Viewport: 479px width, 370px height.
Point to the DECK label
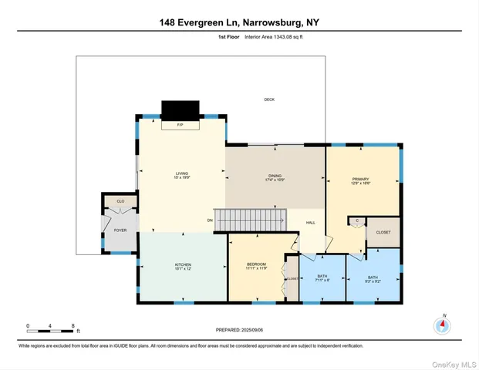point(269,99)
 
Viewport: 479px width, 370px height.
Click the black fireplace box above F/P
point(179,109)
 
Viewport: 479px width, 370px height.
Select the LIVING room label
point(181,176)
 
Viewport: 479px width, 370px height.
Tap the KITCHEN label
point(182,266)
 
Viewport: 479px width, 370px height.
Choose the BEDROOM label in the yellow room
point(256,266)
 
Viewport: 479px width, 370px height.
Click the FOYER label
point(120,230)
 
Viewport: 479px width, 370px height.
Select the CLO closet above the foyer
point(120,201)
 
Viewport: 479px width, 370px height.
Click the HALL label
point(311,223)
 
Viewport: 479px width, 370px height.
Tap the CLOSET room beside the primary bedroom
point(383,232)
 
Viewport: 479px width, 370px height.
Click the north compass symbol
point(443,325)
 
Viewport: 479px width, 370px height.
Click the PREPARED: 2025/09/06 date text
point(239,329)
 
